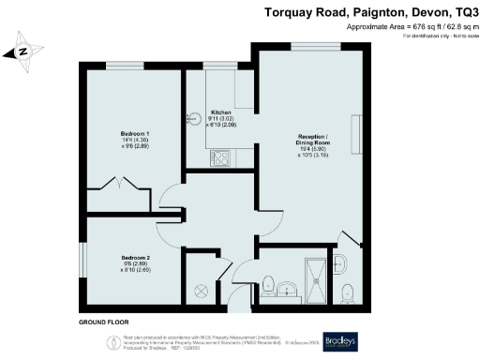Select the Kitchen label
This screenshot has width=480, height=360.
(221, 111)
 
